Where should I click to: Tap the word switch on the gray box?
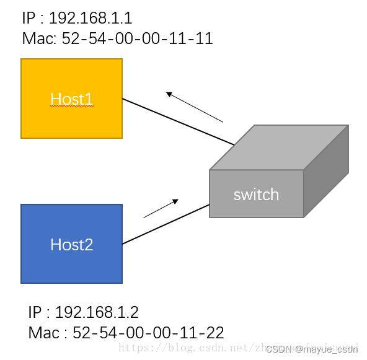pyautogui.click(x=256, y=195)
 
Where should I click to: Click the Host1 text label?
pyautogui.click(x=71, y=99)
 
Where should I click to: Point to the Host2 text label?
pyautogui.click(x=71, y=245)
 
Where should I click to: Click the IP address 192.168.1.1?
pyautogui.click(x=91, y=17)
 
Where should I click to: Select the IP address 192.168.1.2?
pyautogui.click(x=97, y=312)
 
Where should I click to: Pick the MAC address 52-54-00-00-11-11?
pyautogui.click(x=137, y=39)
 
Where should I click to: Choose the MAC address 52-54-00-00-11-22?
pyautogui.click(x=148, y=333)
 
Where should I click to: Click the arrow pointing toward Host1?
pyautogui.click(x=193, y=107)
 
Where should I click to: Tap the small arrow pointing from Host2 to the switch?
pyautogui.click(x=161, y=209)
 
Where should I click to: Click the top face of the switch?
pyautogui.click(x=279, y=147)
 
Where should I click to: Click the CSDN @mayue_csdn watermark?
pyautogui.click(x=312, y=349)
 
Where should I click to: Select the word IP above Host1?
pyautogui.click(x=29, y=17)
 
